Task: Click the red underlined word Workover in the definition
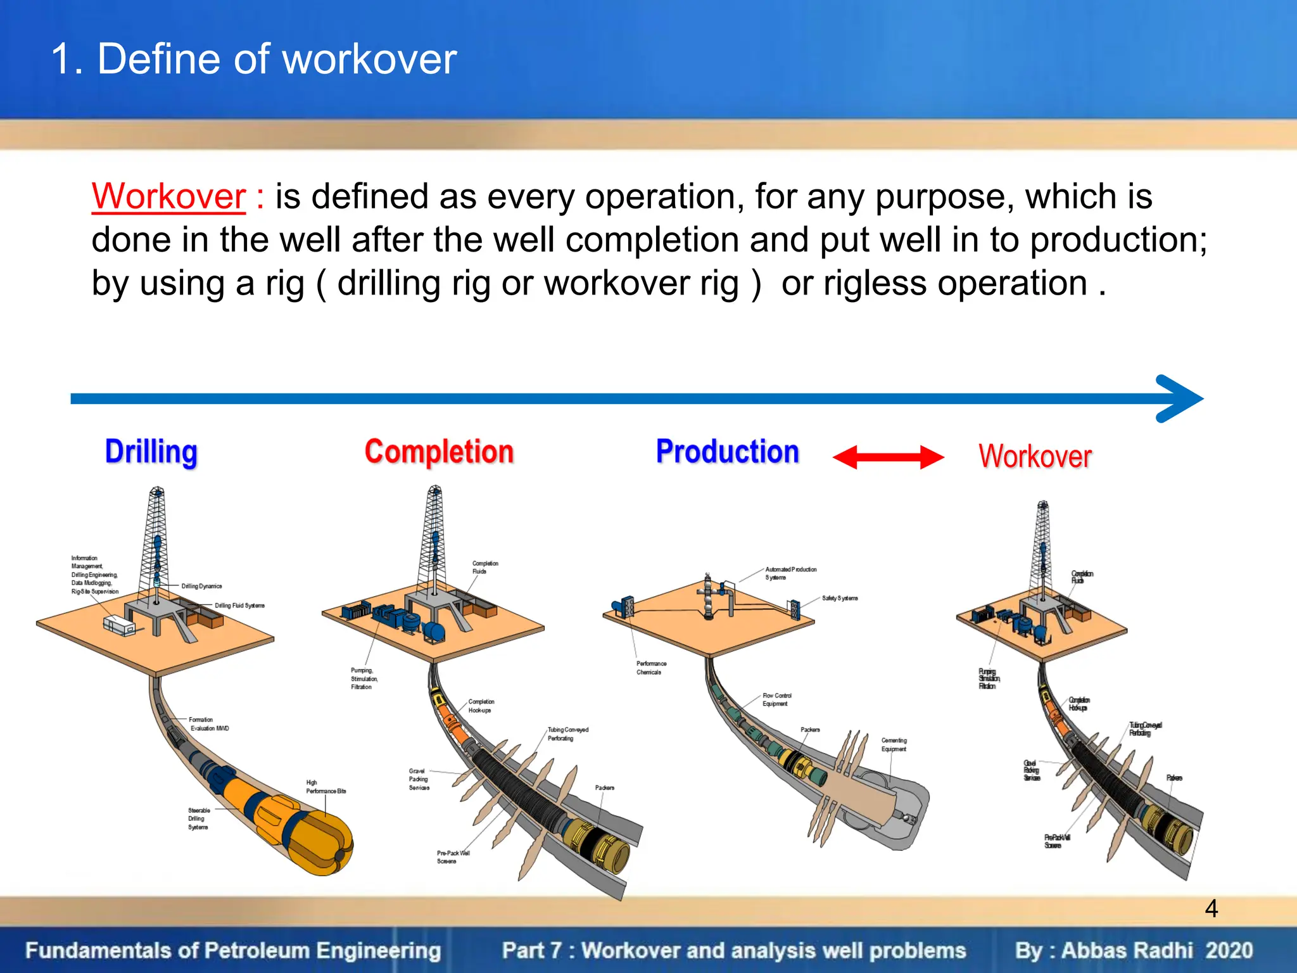[168, 196]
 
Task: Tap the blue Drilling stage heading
[151, 452]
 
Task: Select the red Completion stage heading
[439, 452]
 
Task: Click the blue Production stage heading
[727, 452]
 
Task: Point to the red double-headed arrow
[888, 457]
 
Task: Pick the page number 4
[1211, 909]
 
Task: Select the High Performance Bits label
[326, 787]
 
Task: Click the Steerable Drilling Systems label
[198, 818]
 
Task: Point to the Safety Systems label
[840, 598]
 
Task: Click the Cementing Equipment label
[894, 744]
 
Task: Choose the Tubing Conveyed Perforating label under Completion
[567, 734]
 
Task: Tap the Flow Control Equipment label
[776, 699]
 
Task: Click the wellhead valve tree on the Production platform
[709, 597]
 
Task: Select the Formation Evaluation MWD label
[208, 724]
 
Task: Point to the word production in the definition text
[1118, 240]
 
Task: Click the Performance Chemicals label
[651, 668]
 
